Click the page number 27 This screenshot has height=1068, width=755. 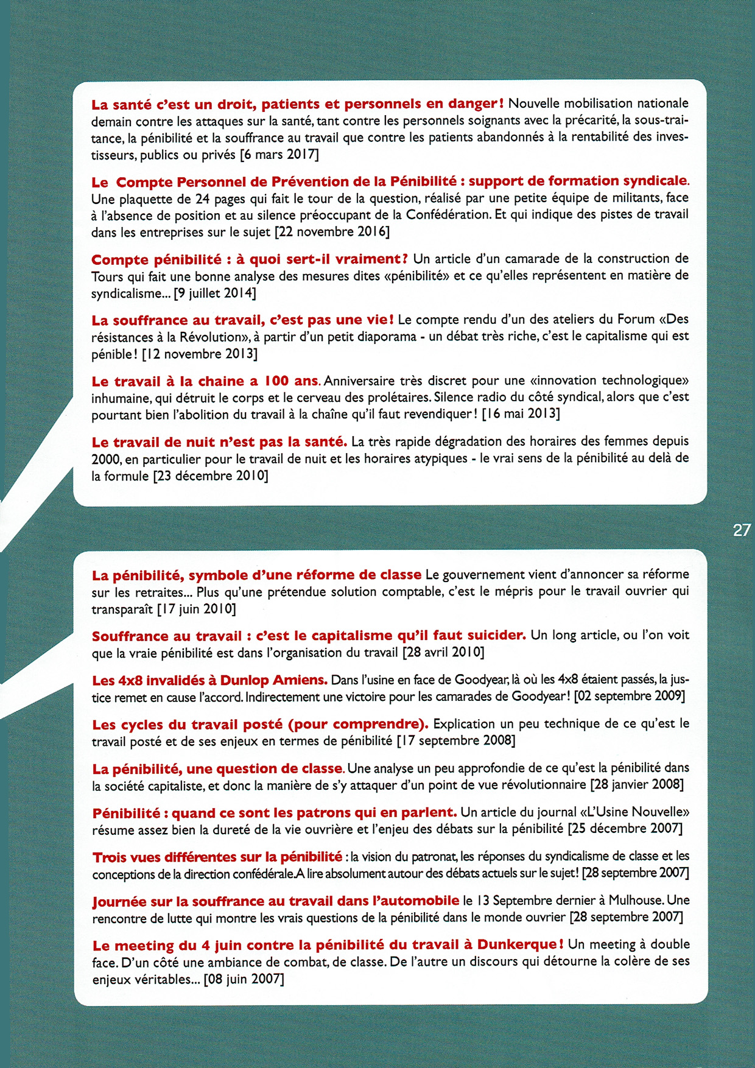pyautogui.click(x=742, y=530)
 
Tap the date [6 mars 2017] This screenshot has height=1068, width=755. pyautogui.click(x=279, y=155)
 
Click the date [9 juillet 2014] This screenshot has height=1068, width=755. pyautogui.click(x=215, y=293)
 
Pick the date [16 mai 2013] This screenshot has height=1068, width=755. pyautogui.click(x=521, y=414)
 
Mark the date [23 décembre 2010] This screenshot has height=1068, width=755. pyautogui.click(x=211, y=476)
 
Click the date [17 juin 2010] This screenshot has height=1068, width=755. pyautogui.click(x=196, y=608)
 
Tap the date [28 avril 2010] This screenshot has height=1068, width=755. pyautogui.click(x=443, y=653)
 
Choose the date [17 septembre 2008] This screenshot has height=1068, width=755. pyautogui.click(x=456, y=740)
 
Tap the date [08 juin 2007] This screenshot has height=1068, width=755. pyautogui.click(x=244, y=979)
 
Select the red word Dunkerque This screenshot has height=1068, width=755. pyautogui.click(x=517, y=945)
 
